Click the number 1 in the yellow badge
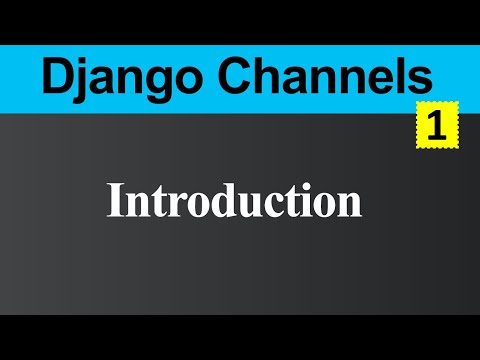[435, 127]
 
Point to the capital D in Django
[53, 74]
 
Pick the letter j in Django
[81, 78]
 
